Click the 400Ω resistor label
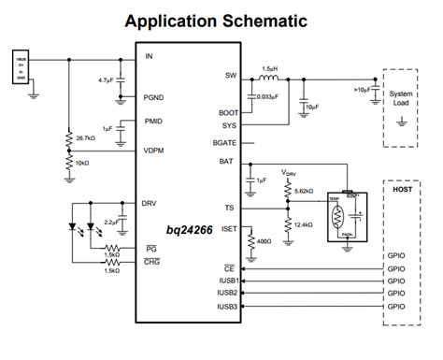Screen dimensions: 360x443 (x=264, y=242)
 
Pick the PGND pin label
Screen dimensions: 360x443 (x=153, y=96)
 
